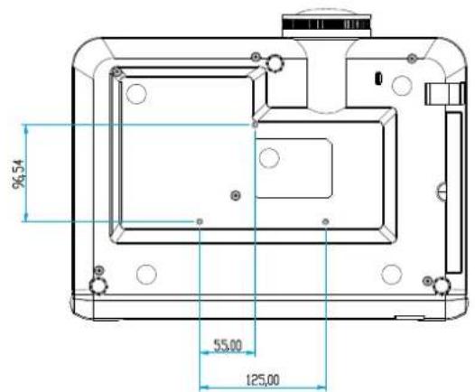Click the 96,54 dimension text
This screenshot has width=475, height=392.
18,173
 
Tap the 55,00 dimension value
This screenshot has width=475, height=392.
228,345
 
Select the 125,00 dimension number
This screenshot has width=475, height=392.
263,380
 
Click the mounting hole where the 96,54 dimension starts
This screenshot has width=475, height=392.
256,125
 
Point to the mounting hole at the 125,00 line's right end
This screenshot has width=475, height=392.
326,222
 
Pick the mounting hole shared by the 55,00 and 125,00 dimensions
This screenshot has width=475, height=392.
200,222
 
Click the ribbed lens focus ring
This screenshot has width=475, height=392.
327,24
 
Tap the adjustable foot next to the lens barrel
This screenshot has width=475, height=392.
275,62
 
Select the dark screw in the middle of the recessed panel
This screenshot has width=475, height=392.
236,195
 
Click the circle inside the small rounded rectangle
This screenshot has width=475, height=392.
269,157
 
